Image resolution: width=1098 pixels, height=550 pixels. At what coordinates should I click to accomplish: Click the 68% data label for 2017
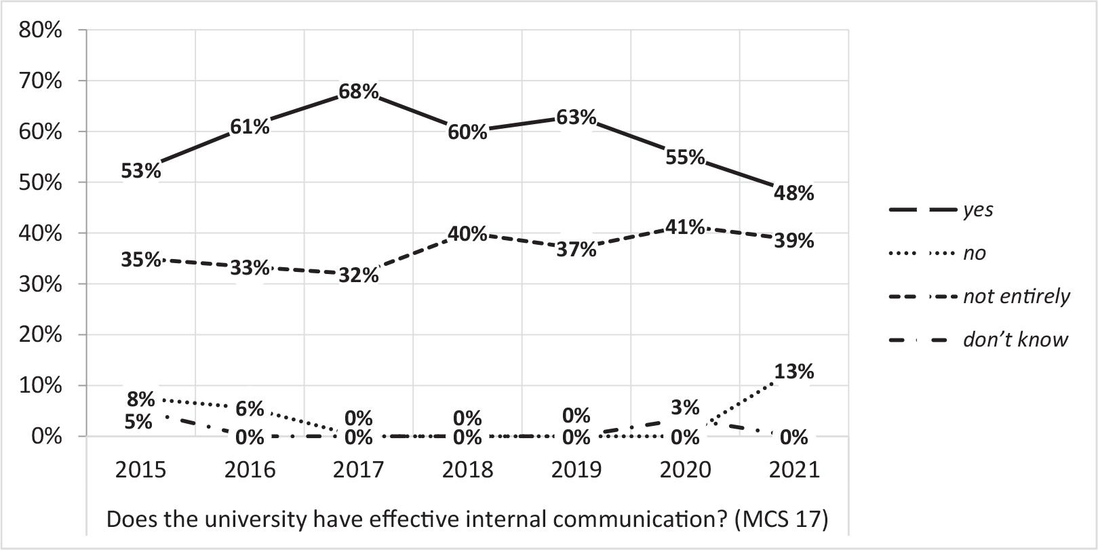(359, 91)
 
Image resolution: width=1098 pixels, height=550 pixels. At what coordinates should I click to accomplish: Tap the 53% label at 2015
(141, 171)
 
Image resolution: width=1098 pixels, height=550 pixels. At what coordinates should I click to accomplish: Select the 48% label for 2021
(793, 193)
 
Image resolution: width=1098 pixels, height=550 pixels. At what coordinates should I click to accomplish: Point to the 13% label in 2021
(793, 372)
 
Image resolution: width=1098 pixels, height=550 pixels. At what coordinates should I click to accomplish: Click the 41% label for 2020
(685, 227)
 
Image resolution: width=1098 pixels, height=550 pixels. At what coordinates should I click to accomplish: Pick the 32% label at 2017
(359, 275)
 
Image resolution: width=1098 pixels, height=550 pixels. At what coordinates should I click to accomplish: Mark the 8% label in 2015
(140, 398)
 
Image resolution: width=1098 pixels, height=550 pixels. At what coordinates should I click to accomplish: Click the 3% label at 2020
(685, 407)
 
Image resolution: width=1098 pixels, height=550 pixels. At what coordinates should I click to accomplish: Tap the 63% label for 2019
(576, 117)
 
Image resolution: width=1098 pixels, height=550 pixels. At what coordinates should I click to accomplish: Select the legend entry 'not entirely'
(1016, 296)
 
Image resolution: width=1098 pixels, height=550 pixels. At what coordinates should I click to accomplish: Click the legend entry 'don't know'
(1015, 340)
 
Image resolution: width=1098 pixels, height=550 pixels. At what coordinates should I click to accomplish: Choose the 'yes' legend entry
(978, 210)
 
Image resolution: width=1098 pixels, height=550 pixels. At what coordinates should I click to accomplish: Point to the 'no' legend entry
(975, 253)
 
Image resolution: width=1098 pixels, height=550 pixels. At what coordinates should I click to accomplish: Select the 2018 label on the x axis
(467, 469)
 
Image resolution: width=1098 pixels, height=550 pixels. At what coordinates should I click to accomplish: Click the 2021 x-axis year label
(793, 469)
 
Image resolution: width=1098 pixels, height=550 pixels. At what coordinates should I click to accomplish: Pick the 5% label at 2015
(138, 421)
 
